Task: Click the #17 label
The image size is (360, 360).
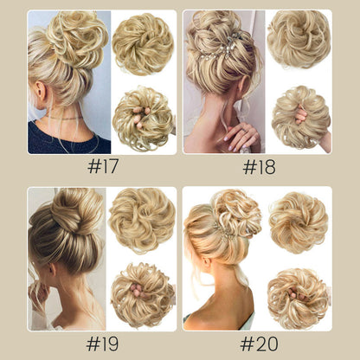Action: [x=103, y=166]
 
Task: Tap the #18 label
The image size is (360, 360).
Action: [x=259, y=167]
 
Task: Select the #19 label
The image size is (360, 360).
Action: [x=102, y=344]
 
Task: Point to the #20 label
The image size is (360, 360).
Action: [x=259, y=344]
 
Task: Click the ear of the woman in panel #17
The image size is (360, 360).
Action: [x=41, y=91]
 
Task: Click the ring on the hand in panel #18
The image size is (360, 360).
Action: [x=245, y=131]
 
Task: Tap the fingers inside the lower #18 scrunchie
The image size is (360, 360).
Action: [x=300, y=115]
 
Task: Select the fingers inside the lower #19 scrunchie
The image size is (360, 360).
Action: [x=137, y=290]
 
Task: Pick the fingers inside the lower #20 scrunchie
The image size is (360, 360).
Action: [x=297, y=294]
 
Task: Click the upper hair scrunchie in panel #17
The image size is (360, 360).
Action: [x=143, y=44]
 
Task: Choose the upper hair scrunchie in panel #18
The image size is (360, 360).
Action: [x=299, y=39]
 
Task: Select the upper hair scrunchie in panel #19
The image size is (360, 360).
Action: [x=142, y=220]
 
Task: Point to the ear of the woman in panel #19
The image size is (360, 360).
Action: [x=52, y=270]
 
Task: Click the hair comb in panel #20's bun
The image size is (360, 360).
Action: [x=224, y=232]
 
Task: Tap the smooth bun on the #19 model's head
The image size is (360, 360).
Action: [x=76, y=210]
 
